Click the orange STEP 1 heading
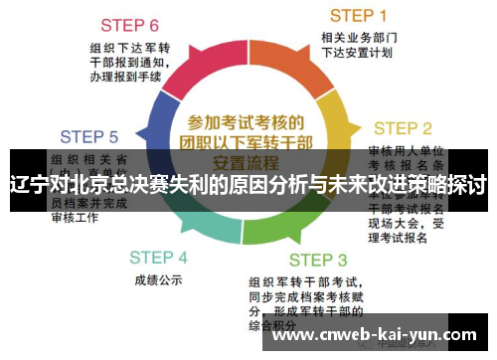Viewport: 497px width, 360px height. [x=358, y=15]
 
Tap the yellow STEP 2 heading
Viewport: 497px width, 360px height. [x=402, y=128]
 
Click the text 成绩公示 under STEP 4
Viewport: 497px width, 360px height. [x=156, y=280]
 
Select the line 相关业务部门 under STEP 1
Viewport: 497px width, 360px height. [x=358, y=38]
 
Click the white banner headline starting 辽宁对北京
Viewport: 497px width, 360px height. [x=248, y=184]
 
